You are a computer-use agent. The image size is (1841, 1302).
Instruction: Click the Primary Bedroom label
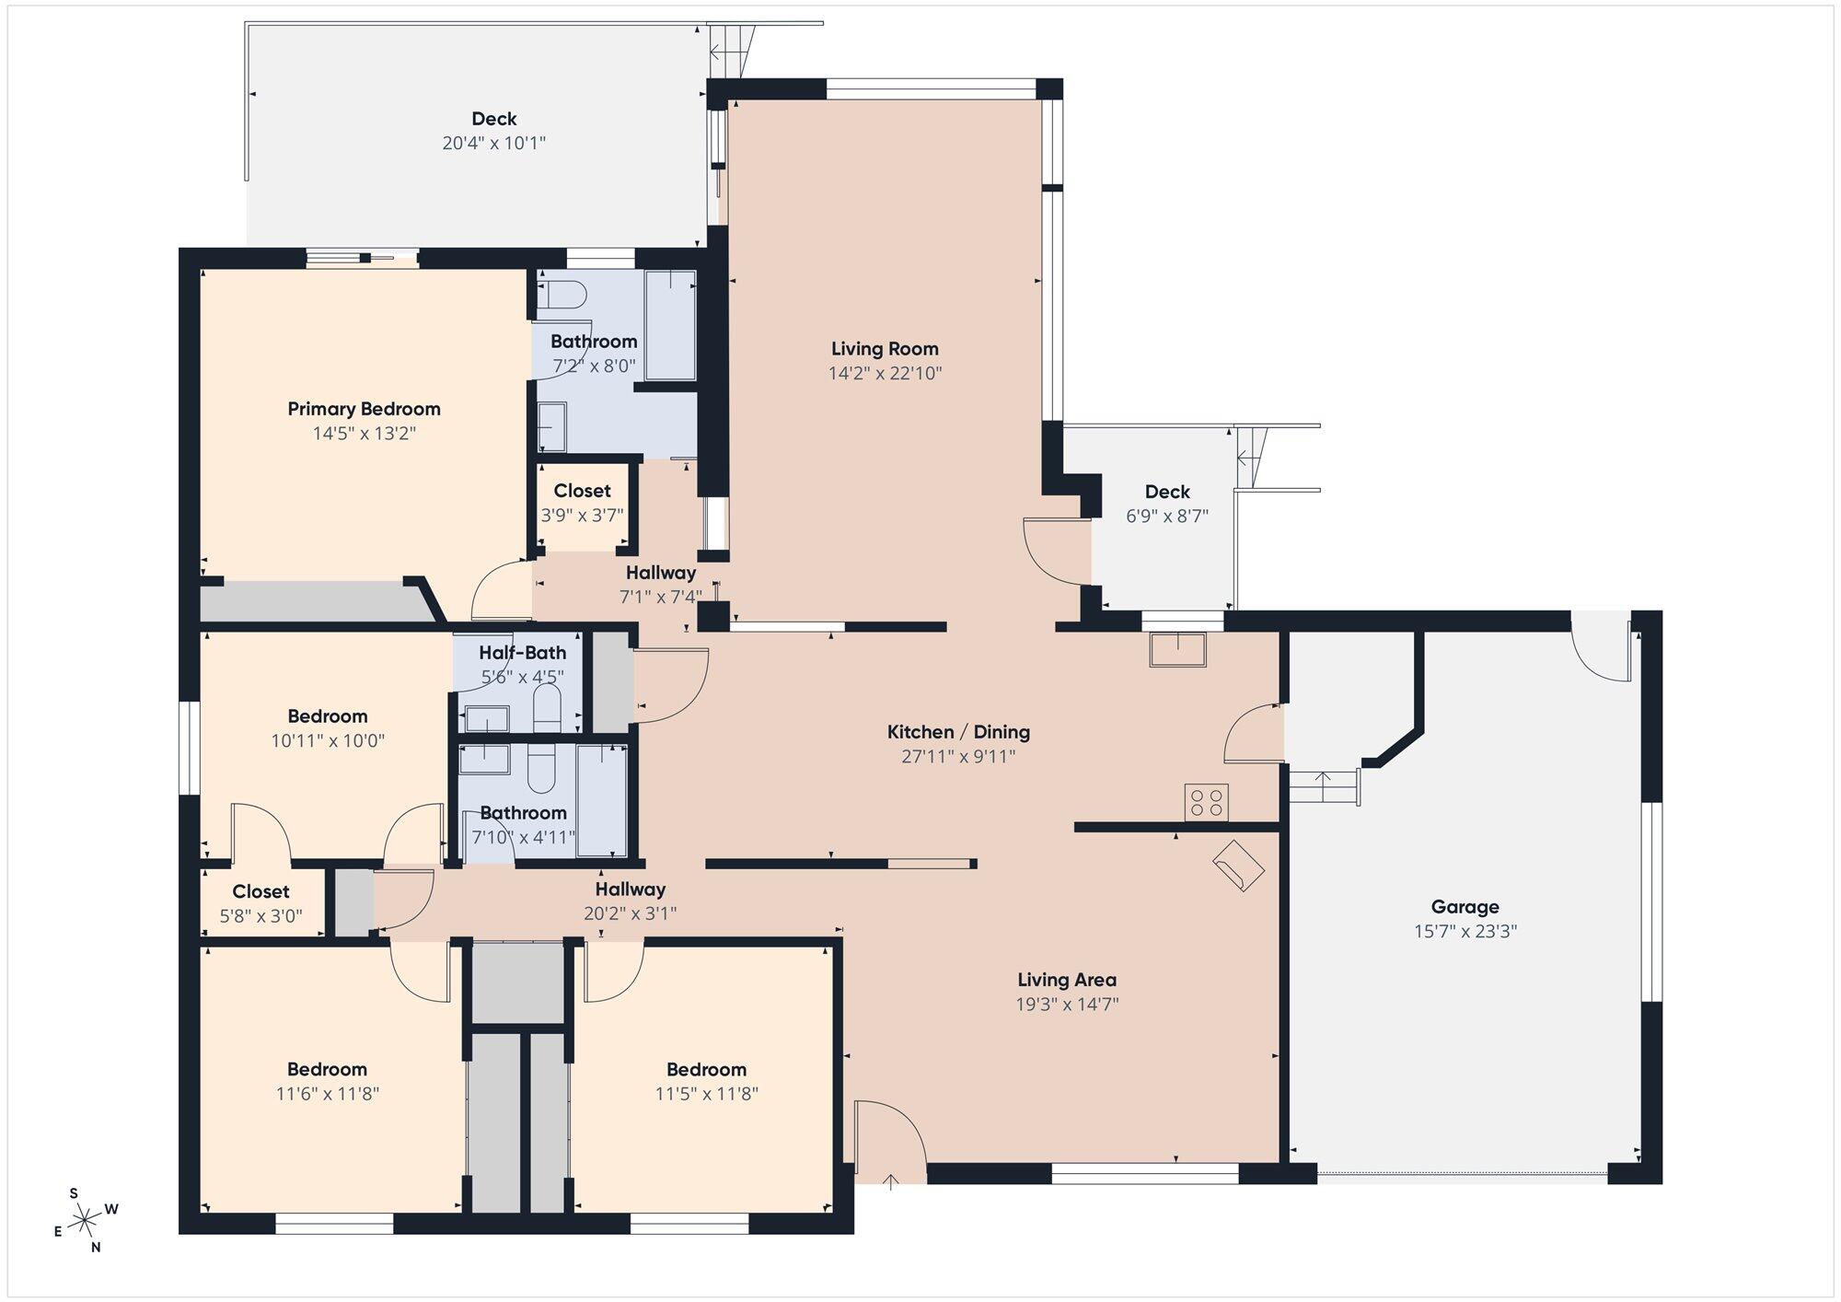point(364,409)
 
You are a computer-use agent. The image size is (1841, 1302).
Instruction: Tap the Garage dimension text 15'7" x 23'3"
point(1465,931)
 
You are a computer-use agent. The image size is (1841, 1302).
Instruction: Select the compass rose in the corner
point(85,1221)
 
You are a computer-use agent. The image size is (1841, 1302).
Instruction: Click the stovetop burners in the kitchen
point(1206,802)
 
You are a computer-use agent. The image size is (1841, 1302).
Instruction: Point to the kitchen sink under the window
point(1177,649)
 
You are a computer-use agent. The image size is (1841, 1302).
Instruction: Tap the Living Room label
point(885,349)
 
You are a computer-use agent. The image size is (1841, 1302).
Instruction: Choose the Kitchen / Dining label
point(958,732)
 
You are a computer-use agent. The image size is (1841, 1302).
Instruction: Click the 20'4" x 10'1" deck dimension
point(494,143)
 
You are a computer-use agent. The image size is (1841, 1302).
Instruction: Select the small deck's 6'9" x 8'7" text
point(1167,516)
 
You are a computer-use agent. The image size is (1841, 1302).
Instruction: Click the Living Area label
point(1067,980)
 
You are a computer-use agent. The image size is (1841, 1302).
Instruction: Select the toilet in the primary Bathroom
point(562,295)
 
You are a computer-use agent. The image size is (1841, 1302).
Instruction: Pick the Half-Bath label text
point(522,653)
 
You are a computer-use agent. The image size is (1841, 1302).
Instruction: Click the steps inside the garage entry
point(1323,787)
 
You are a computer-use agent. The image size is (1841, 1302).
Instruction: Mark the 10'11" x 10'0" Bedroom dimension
point(328,740)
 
